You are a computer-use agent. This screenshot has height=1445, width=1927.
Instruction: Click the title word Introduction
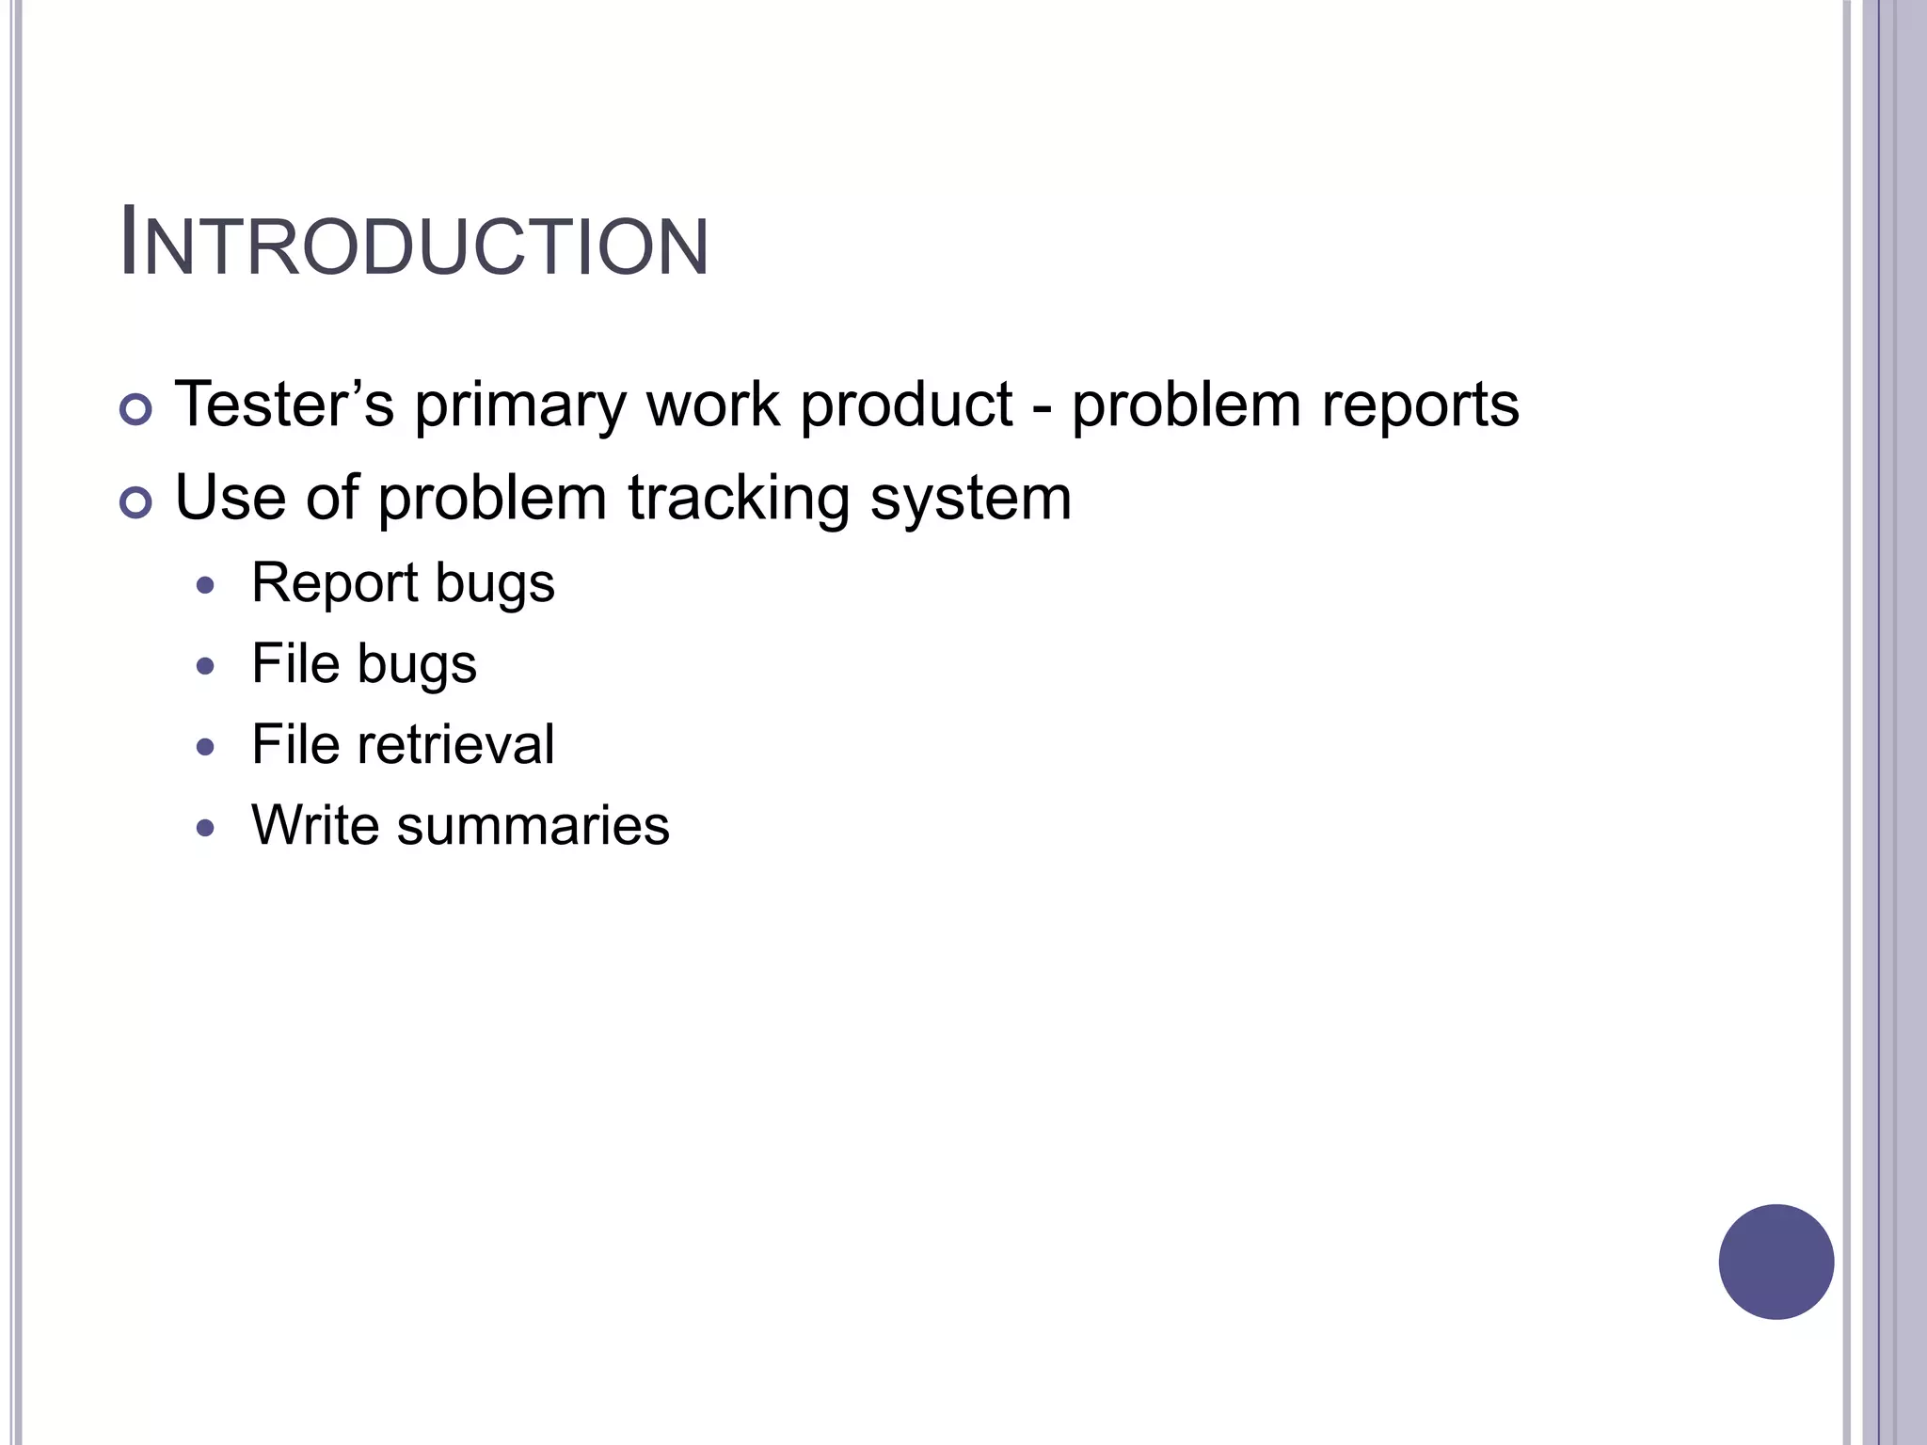click(414, 246)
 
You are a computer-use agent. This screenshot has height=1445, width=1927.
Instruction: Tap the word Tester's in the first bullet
click(284, 405)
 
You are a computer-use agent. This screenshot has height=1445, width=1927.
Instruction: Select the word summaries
click(533, 826)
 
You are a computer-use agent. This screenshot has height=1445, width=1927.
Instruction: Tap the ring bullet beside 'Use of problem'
click(136, 503)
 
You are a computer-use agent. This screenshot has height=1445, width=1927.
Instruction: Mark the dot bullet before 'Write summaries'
click(206, 829)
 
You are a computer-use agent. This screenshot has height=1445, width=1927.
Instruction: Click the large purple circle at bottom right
click(1776, 1262)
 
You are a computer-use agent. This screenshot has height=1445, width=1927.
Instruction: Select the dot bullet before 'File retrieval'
click(206, 748)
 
